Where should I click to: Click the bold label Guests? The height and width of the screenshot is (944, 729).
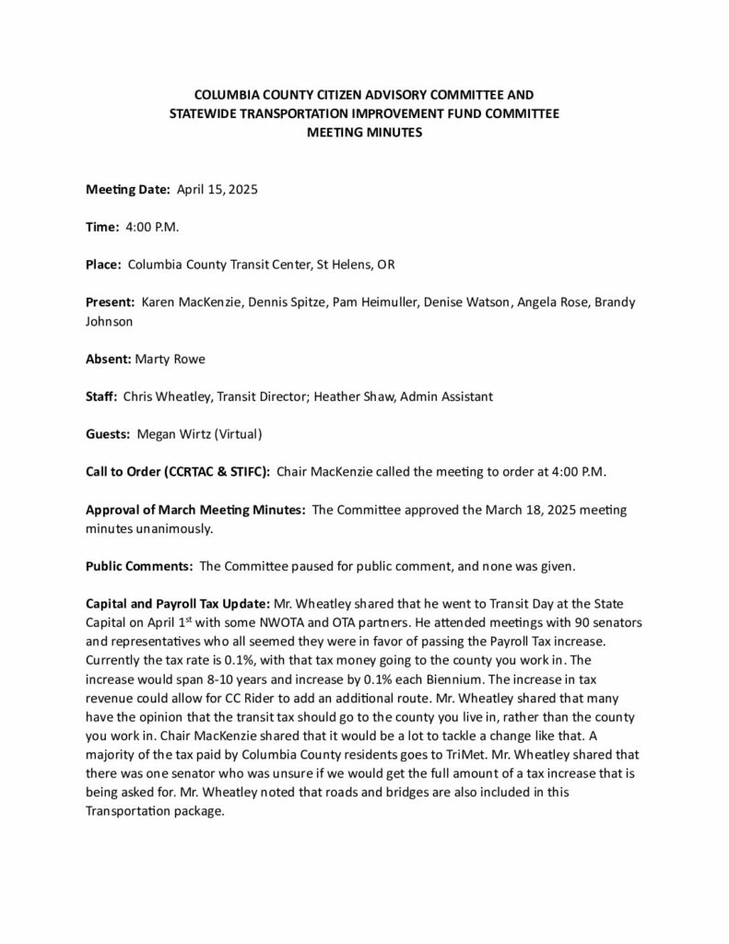(x=109, y=434)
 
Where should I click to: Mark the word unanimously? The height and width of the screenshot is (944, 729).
(x=171, y=529)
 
